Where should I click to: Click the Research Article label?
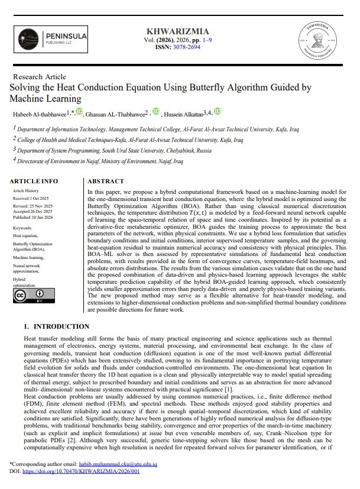39,77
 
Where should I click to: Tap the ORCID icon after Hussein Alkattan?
218,111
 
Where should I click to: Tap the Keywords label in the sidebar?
23,226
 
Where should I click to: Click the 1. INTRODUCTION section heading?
57,326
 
